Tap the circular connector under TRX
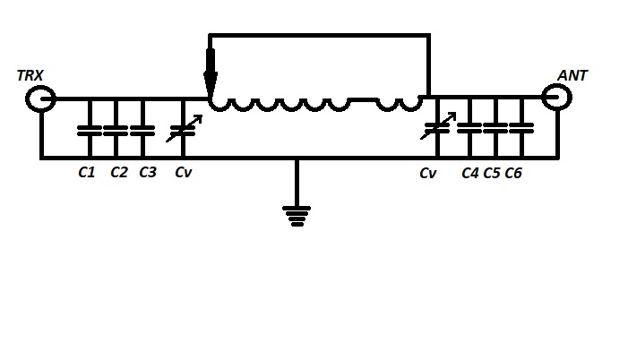coord(40,99)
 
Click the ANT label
coord(572,75)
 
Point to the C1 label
coord(87,173)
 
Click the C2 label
coord(119,173)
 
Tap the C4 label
coord(470,173)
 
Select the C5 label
coord(492,173)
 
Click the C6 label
coord(513,173)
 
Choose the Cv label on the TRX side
coord(183,173)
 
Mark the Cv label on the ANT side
coord(427,173)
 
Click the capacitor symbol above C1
coord(89,129)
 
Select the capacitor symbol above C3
coord(142,129)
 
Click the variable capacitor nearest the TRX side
coord(181,131)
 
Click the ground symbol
coord(297,215)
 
